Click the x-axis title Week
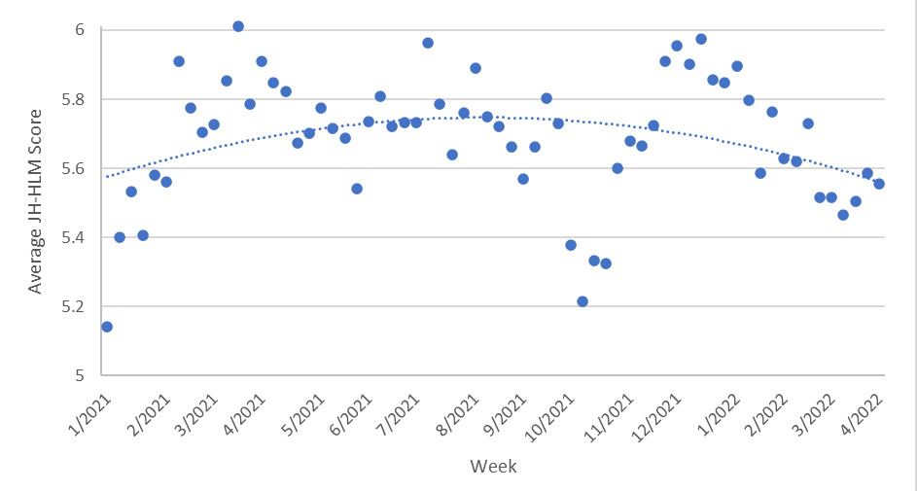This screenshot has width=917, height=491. click(x=493, y=467)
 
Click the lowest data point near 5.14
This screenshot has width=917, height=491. click(x=107, y=327)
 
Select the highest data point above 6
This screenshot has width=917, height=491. click(x=238, y=26)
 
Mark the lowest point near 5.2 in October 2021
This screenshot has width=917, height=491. click(x=582, y=301)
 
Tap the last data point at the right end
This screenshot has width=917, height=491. click(x=879, y=184)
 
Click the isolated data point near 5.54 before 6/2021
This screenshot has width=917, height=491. click(x=357, y=189)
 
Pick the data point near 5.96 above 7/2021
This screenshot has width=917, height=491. click(x=428, y=43)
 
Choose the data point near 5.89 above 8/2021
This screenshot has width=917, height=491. click(x=476, y=68)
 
